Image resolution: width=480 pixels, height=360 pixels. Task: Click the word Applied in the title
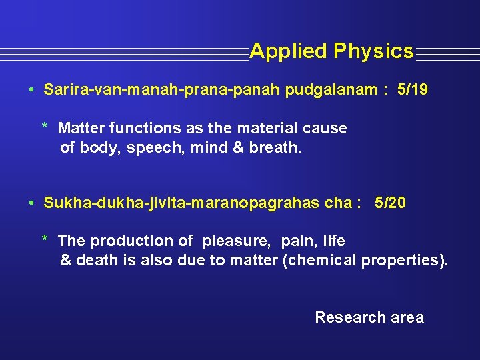coord(288,51)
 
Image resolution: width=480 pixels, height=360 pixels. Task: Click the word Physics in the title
coord(373,51)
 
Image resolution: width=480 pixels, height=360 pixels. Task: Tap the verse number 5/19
coord(412,89)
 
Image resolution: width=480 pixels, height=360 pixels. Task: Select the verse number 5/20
coord(390,203)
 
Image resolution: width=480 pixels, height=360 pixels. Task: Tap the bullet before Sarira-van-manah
coord(31,90)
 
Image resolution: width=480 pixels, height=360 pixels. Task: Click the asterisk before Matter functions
coord(45,127)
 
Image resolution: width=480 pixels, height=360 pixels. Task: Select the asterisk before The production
coord(45,239)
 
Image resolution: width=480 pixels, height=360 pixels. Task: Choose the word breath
coord(275,147)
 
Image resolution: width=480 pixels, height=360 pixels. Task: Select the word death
coord(97,260)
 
